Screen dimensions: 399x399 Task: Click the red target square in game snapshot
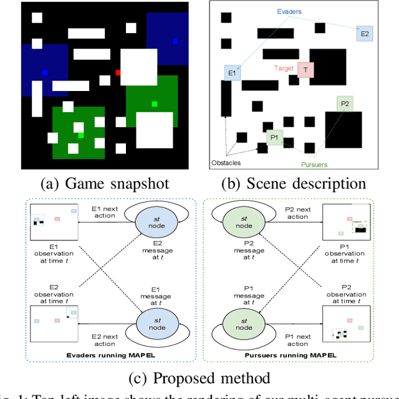118,72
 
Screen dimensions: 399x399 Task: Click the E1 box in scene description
232,74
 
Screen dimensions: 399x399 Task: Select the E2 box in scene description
365,34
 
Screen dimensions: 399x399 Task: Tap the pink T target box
305,70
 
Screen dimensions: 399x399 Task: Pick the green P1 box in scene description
274,137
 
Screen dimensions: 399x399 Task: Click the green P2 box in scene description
344,103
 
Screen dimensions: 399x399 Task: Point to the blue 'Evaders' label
291,11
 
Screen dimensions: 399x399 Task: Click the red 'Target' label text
284,67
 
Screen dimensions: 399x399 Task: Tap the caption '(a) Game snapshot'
104,183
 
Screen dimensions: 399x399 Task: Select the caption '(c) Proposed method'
199,378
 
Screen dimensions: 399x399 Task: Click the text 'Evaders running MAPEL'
110,355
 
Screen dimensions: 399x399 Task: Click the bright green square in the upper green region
155,103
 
